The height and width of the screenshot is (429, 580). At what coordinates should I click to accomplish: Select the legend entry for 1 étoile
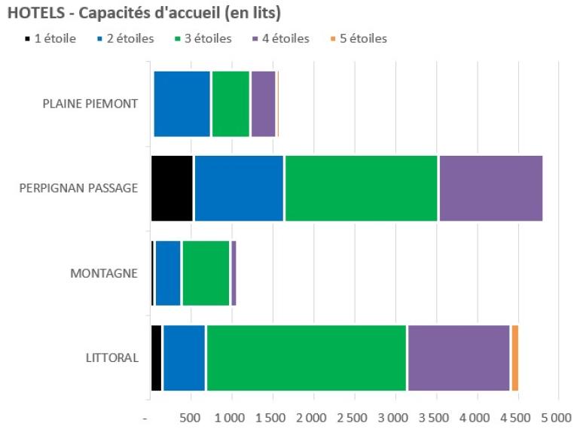tap(50, 38)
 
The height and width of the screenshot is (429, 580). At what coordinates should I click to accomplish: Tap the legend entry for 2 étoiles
tap(125, 38)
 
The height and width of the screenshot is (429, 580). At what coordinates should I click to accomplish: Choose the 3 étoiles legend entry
tap(203, 38)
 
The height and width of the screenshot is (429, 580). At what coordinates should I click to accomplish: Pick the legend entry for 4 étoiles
tap(282, 38)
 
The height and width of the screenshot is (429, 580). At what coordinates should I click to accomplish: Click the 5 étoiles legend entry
tap(359, 38)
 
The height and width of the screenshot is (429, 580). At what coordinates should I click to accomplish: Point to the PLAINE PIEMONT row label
tap(90, 104)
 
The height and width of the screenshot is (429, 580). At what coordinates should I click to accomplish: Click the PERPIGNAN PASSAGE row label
tap(78, 188)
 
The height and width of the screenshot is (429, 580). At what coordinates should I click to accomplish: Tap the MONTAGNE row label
tap(104, 273)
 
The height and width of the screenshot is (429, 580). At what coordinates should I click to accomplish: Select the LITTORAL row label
tap(112, 357)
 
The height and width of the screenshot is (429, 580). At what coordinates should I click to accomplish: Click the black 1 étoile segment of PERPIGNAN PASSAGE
tap(172, 188)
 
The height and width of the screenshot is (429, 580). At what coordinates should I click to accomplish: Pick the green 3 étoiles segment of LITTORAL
tap(307, 357)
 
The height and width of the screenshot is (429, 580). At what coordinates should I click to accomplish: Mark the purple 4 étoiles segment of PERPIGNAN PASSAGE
tap(490, 188)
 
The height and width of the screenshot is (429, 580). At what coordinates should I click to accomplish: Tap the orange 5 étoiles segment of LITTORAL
tap(515, 357)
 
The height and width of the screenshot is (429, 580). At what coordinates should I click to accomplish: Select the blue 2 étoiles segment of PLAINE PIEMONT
tap(182, 104)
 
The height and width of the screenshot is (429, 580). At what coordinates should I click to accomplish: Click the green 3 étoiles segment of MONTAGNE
tap(206, 273)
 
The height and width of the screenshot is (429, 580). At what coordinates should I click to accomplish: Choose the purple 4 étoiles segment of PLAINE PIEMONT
tap(263, 104)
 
